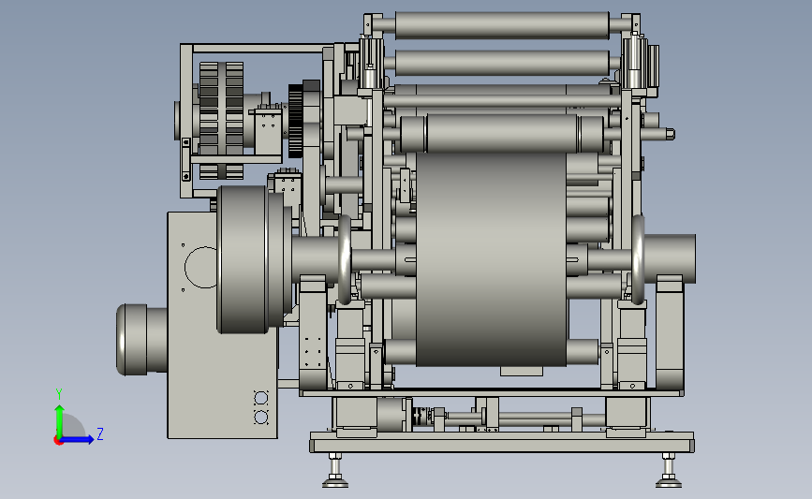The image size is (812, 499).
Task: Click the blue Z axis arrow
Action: point(77,440)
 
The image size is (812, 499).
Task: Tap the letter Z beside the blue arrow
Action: point(100,433)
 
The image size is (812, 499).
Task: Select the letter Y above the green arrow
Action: point(59,394)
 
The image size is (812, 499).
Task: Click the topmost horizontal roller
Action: point(502,25)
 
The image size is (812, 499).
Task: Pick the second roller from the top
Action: point(502,63)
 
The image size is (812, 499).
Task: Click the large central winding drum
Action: point(491,258)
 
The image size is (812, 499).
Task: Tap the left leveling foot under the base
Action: point(335,471)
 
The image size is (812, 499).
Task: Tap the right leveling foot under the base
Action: point(669,471)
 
